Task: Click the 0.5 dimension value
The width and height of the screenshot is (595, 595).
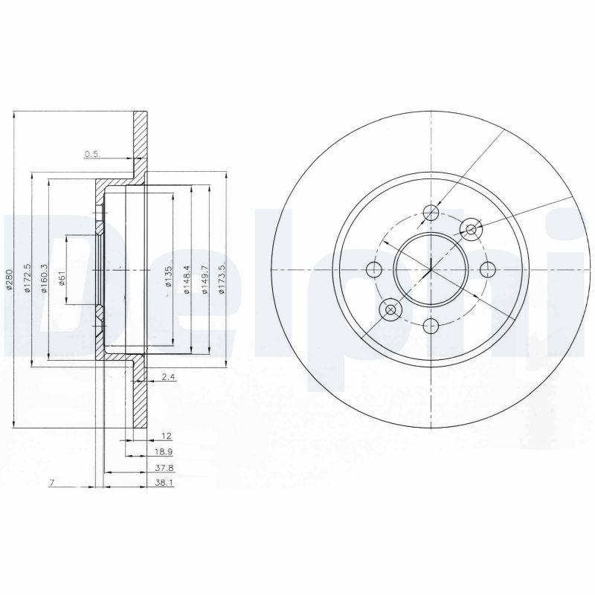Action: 91,154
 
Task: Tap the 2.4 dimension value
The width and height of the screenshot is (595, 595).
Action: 168,378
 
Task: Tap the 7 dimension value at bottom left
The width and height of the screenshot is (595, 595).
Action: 51,484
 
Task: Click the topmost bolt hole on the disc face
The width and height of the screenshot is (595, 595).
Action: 431,213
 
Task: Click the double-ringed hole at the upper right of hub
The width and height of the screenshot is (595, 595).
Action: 470,230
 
